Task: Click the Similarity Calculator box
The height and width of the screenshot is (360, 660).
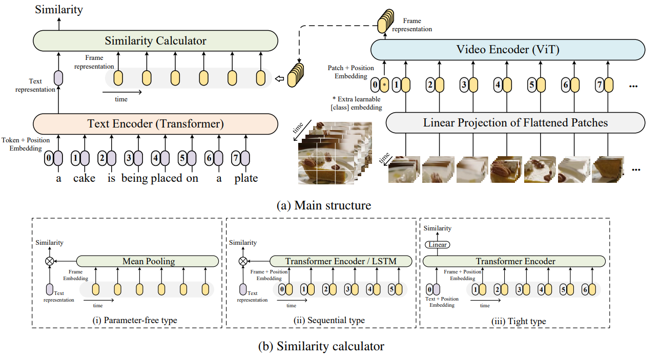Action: (x=155, y=40)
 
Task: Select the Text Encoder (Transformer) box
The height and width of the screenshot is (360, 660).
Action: (x=155, y=123)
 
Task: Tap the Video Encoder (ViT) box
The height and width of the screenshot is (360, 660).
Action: (x=507, y=50)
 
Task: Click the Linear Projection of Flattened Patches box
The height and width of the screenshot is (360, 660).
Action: (x=515, y=123)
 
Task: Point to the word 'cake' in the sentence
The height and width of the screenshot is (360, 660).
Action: (x=84, y=178)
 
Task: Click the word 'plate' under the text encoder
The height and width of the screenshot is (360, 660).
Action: (x=246, y=178)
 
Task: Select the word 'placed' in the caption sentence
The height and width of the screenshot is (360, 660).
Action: (x=167, y=178)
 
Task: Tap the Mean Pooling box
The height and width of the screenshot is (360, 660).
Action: (x=148, y=261)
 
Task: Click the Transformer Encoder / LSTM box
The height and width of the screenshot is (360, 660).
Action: (x=341, y=261)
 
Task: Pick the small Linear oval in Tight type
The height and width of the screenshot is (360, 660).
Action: (x=437, y=245)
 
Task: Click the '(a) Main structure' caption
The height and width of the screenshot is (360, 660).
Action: (x=323, y=206)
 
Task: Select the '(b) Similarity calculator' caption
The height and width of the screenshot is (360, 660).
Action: (x=321, y=346)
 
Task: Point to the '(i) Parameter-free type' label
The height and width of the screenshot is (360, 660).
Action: (x=135, y=320)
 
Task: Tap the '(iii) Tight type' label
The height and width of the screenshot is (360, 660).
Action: (x=519, y=321)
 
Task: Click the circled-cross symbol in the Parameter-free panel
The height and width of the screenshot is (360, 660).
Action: (x=49, y=261)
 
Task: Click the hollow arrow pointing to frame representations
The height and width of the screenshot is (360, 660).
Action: (x=280, y=78)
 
